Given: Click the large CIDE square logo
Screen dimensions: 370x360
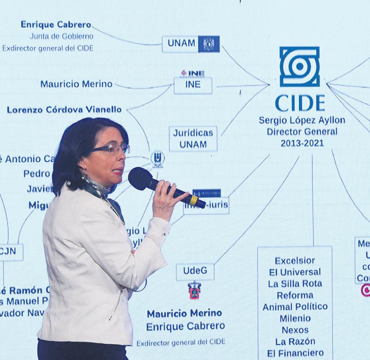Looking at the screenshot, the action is click(299, 66).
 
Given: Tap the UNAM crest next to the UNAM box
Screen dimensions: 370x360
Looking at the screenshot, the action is click(209, 44).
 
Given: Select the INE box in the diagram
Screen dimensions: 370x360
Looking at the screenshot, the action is click(193, 85).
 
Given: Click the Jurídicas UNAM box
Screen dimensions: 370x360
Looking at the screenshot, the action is click(193, 138).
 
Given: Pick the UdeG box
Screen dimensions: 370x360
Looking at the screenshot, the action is click(195, 271).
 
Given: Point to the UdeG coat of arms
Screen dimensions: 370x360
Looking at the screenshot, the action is click(194, 290).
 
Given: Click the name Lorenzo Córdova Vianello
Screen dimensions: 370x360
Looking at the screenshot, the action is click(64, 110).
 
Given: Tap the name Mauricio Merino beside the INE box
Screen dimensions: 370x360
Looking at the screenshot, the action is click(76, 84).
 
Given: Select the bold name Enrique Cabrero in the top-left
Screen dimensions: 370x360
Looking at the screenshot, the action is click(56, 24).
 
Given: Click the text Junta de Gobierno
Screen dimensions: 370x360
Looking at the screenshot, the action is click(61, 36).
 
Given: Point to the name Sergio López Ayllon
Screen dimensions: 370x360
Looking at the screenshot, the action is click(302, 121).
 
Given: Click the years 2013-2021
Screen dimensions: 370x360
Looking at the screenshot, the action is click(302, 143).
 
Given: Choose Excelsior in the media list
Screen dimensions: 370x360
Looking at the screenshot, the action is click(295, 260).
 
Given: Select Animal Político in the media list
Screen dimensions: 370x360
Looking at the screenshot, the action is click(295, 307).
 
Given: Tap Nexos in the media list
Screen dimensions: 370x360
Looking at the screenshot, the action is click(295, 330).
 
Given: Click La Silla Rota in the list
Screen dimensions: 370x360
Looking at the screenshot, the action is click(295, 283).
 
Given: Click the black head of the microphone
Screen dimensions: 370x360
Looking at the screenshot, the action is click(140, 178).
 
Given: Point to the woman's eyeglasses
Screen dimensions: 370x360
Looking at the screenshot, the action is click(111, 148).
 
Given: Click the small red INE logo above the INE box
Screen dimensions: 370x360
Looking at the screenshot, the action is click(192, 73).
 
